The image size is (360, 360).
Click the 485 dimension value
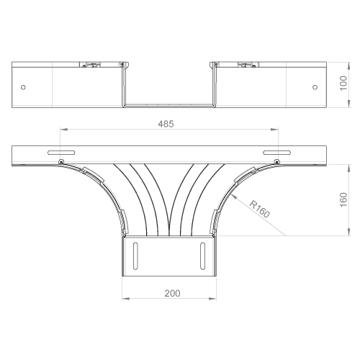(166, 124)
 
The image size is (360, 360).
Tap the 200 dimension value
(172, 293)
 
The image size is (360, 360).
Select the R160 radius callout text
(260, 209)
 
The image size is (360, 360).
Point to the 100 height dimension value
(343, 83)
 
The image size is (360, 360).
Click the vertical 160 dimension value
(343, 199)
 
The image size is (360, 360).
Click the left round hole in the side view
(23, 87)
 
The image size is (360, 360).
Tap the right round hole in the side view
(315, 87)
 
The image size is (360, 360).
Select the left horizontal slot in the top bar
(61, 153)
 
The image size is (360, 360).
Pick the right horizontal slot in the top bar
(277, 153)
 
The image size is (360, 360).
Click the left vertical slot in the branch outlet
(135, 256)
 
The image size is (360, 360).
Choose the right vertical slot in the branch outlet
(202, 256)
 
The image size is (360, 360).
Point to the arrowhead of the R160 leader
(235, 197)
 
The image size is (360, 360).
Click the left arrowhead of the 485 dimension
(63, 130)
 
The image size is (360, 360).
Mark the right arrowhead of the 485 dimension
(274, 130)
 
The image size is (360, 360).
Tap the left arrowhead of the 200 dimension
(126, 299)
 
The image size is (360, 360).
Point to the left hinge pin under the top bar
(61, 162)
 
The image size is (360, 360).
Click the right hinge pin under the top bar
(277, 162)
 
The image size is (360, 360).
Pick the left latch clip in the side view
(92, 65)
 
